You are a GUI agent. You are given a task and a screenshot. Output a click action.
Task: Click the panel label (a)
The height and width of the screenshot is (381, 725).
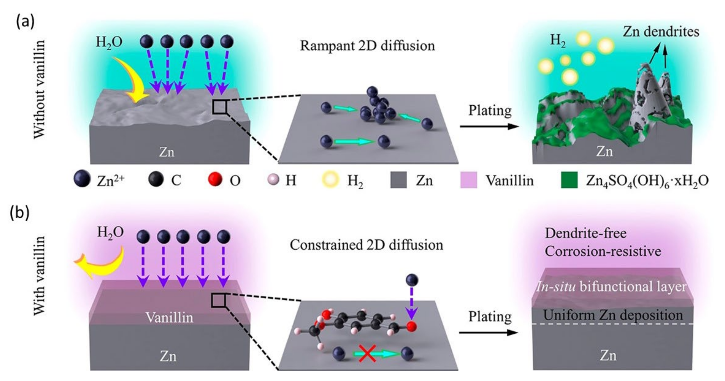(25, 21)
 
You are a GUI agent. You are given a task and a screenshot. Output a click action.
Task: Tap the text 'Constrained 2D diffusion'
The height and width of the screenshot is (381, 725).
(367, 245)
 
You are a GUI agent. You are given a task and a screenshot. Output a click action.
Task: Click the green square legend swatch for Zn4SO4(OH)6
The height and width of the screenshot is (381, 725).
(569, 180)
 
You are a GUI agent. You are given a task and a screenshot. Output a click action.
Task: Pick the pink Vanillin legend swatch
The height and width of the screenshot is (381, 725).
(469, 180)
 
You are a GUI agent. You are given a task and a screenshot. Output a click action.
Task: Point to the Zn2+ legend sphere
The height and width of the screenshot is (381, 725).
(82, 179)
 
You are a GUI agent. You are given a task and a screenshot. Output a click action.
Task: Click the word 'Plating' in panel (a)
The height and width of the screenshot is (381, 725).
(490, 111)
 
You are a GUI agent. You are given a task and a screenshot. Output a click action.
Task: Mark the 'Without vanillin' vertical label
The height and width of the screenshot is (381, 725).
(39, 89)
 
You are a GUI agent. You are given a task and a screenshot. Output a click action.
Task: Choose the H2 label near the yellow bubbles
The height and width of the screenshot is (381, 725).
(558, 41)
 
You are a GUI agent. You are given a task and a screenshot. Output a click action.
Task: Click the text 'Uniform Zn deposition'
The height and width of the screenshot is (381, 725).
(613, 315)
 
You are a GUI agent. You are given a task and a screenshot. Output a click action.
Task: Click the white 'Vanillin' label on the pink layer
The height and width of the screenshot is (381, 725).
(169, 318)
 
